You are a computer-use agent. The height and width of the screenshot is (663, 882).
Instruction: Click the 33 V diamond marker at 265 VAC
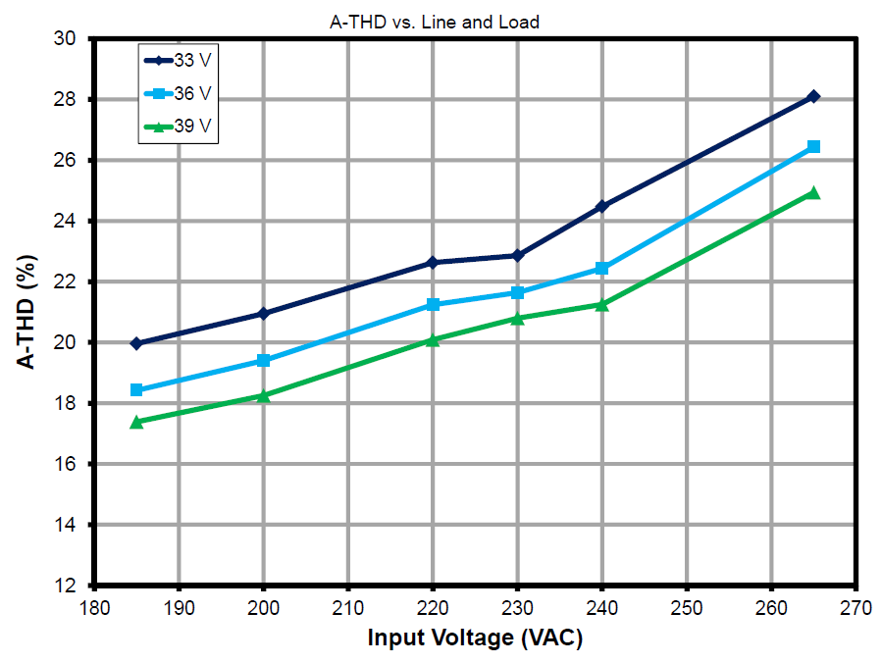813,96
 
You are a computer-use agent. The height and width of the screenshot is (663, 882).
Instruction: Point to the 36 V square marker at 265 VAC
813,146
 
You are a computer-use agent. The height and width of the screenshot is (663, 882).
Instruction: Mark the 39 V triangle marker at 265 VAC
813,193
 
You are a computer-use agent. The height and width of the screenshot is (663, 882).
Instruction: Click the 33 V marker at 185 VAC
136,343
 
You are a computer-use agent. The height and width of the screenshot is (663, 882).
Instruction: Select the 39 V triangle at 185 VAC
136,422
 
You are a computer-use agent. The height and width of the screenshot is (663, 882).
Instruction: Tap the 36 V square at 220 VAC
433,305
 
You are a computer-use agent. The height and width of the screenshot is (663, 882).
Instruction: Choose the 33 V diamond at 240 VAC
601,206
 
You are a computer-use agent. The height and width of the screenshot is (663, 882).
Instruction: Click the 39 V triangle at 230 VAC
517,318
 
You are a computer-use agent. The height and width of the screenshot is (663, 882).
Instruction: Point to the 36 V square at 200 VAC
263,360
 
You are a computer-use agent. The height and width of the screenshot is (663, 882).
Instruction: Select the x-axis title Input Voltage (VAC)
475,637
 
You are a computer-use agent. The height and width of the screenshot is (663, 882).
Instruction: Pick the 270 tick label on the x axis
856,607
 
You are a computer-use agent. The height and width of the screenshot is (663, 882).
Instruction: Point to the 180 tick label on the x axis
94,607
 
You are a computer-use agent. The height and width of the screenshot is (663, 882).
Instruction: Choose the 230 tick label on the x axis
517,607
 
